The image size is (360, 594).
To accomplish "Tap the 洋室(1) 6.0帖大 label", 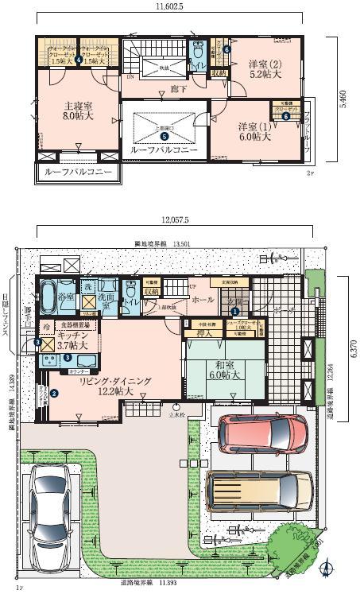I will [x=254, y=131].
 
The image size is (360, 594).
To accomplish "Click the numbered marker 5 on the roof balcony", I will [x=163, y=134].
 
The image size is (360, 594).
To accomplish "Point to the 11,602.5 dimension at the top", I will [x=168, y=6].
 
